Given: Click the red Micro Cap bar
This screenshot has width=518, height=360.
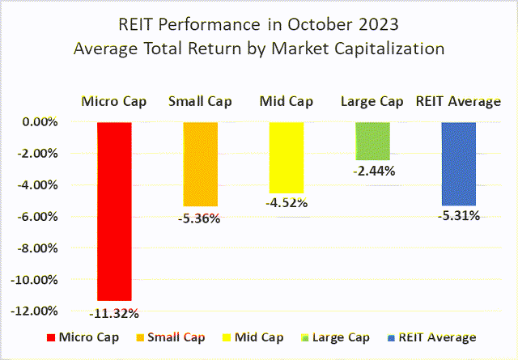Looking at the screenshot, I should pos(114,210).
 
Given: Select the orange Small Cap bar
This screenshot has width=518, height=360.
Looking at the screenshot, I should pos(200,164).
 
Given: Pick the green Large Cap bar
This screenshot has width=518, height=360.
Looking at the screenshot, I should pos(372,141).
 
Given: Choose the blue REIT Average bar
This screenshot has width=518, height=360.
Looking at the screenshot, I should pos(458,163).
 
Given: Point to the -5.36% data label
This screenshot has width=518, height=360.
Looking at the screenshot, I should pos(200,218).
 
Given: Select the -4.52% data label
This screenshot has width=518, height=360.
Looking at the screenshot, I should pos(287,203).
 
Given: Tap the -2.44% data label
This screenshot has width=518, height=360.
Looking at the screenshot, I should pos(372,171).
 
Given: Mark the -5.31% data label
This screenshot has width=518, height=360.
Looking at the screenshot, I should pos(458,215).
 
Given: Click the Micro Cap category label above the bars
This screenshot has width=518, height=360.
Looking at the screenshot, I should pos(114,102).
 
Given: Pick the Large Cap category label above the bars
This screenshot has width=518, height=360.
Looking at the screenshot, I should pos(372,102).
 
